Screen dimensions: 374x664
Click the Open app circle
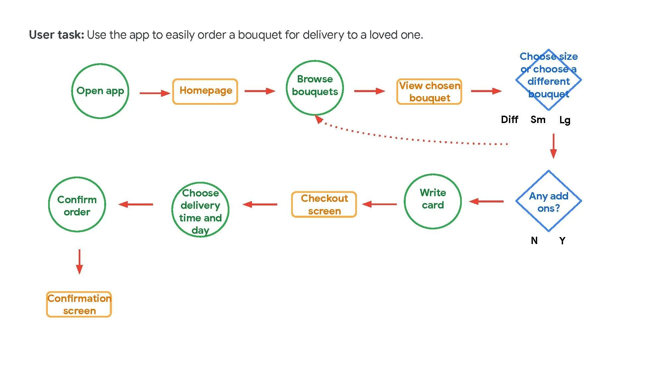[100, 91]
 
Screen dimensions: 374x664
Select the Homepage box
[205, 91]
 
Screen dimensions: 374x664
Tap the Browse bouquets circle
[315, 88]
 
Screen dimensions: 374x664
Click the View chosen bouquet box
[429, 92]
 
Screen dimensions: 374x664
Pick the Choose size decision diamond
[548, 80]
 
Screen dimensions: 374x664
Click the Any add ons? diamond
[548, 201]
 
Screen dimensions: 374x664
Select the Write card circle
[433, 201]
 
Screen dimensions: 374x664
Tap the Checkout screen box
[324, 204]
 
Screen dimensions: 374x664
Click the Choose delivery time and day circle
[200, 209]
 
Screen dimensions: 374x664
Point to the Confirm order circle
[77, 204]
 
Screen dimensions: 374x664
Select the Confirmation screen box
[79, 304]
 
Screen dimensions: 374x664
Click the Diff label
[509, 119]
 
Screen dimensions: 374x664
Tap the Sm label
[538, 119]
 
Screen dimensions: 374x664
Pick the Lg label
[565, 120]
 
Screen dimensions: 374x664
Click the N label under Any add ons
[534, 240]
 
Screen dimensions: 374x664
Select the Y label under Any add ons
[562, 240]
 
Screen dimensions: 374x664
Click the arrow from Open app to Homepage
[155, 93]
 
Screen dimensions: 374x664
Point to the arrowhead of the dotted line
[319, 119]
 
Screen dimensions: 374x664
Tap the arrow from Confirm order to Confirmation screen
[79, 262]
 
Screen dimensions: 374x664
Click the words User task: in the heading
[56, 35]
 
